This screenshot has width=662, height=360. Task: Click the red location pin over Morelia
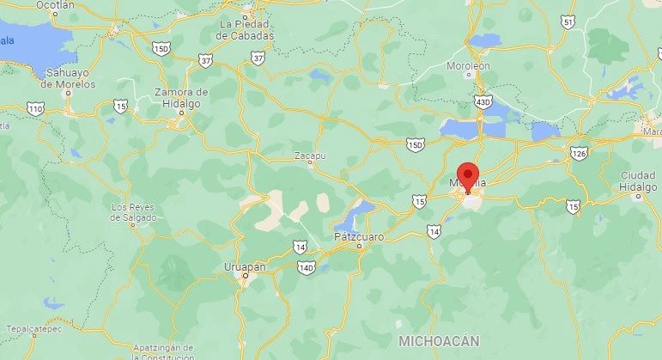468,173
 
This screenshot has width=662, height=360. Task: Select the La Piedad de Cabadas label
246,30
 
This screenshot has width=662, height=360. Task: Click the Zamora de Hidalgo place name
181,97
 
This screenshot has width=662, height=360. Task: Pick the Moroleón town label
468,65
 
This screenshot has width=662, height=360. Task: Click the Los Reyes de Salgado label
133,212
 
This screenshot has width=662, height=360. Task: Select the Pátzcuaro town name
359,235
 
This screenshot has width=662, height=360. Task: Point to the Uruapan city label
244,267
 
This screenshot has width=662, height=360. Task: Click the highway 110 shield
35,108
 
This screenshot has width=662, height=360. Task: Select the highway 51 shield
568,21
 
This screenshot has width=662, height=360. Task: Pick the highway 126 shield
580,153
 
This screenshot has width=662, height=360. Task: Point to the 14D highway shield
307,267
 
